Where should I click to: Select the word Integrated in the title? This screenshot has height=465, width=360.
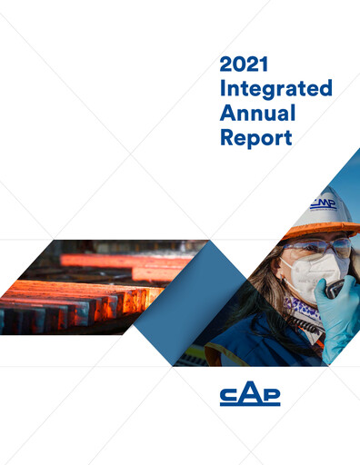[275, 90]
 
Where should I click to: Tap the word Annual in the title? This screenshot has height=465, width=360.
[258, 114]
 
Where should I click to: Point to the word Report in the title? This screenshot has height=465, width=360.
[255, 139]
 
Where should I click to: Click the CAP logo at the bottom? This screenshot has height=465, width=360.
[250, 395]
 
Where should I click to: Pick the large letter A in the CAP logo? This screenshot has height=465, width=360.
[250, 393]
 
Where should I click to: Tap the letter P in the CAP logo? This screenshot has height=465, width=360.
[270, 394]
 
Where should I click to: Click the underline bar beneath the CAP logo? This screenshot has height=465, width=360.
[250, 405]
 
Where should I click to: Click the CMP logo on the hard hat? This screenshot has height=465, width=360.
[322, 203]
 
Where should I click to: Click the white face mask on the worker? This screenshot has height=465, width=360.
[310, 272]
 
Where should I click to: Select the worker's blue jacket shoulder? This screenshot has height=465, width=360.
[236, 350]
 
